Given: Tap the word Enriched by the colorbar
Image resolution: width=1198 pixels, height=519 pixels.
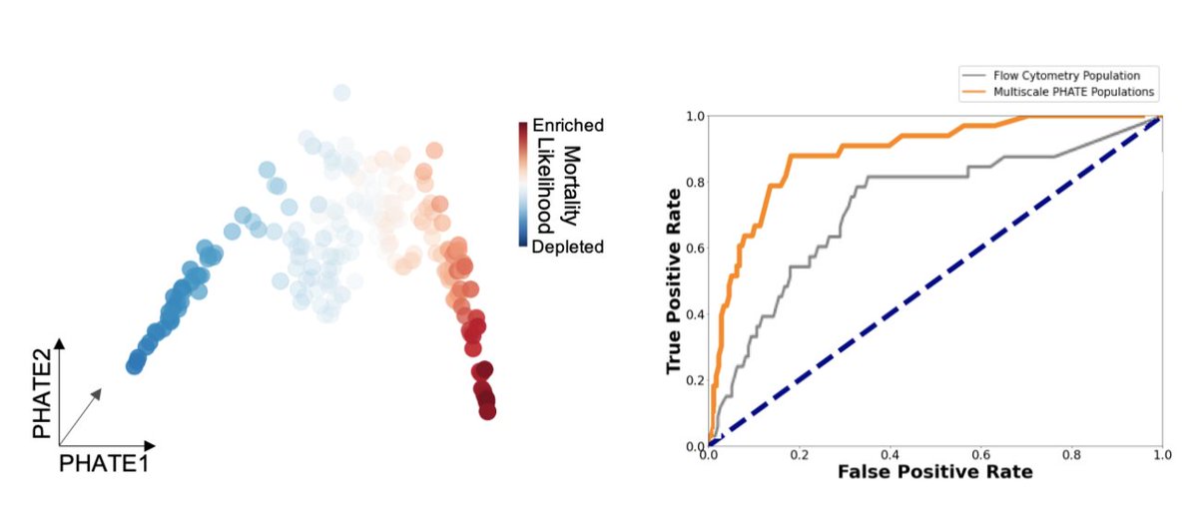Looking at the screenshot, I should [x=568, y=127].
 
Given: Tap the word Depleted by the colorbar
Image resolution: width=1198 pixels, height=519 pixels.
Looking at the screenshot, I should [x=568, y=247].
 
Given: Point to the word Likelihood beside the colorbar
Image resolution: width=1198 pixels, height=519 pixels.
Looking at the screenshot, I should [x=546, y=186].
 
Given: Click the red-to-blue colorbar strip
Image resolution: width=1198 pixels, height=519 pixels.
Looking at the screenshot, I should [x=522, y=185].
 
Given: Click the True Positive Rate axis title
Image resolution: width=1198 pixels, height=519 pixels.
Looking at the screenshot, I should [x=675, y=280].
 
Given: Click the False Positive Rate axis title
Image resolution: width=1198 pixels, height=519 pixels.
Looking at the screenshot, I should [x=934, y=470].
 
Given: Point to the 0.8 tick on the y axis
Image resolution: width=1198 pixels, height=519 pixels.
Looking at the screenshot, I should [x=693, y=182].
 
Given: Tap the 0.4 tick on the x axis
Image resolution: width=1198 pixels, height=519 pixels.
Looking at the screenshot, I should [x=890, y=454].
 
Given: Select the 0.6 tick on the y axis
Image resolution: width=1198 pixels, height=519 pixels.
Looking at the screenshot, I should [x=693, y=248].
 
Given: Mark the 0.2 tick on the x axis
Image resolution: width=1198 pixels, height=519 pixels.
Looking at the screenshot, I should [x=799, y=454].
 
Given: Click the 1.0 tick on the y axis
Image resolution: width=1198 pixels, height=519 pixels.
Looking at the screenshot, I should [x=693, y=116].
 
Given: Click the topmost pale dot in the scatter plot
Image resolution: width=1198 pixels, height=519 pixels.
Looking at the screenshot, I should [x=341, y=93].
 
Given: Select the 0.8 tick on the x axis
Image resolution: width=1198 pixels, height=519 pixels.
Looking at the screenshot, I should [x=1071, y=454].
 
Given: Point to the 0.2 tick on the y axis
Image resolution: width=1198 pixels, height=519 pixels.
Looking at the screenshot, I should [x=693, y=379].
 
